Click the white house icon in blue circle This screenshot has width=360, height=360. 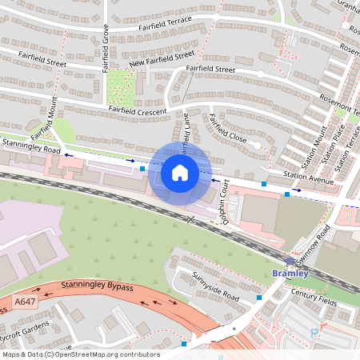pyautogui.click(x=180, y=173)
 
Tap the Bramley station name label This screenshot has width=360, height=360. pyautogui.click(x=290, y=274)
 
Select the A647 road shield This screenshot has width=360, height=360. pyautogui.click(x=24, y=302)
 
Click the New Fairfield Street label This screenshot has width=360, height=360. pyautogui.click(x=163, y=58)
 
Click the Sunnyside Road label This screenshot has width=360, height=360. pyautogui.click(x=215, y=284)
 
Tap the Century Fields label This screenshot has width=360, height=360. pyautogui.click(x=314, y=295)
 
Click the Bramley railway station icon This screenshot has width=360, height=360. pyautogui.click(x=290, y=262)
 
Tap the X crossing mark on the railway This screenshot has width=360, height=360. pyautogui.click(x=190, y=218)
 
